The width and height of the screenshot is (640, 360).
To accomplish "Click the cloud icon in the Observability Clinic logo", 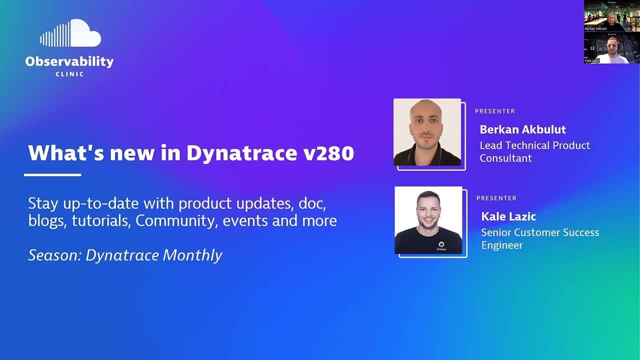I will (x=71, y=34).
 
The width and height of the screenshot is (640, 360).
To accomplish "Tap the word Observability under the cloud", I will (x=69, y=61).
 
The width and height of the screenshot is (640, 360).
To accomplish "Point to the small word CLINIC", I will (x=69, y=74).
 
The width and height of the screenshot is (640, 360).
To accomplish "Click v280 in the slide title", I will (x=328, y=153).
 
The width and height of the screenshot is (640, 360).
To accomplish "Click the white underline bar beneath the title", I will (x=52, y=174).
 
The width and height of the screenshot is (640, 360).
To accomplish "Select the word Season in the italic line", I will (x=53, y=255).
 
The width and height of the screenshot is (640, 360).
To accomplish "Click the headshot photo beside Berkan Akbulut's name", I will (x=427, y=132).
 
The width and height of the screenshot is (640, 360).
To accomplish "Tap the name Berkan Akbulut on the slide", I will (x=522, y=129).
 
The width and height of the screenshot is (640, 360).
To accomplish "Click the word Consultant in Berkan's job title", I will (x=505, y=158).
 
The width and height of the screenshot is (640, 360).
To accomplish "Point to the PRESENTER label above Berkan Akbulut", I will (x=494, y=111).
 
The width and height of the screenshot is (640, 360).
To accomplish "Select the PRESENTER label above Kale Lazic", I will (x=496, y=198).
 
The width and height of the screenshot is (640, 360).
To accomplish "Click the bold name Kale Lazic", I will (x=508, y=216).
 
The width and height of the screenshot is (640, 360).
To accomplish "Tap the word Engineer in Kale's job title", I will (x=502, y=245).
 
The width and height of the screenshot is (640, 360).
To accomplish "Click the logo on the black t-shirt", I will (x=441, y=245).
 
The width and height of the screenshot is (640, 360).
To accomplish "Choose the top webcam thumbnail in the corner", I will (x=611, y=16).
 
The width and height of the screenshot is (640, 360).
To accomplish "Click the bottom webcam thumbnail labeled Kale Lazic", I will (x=611, y=48).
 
